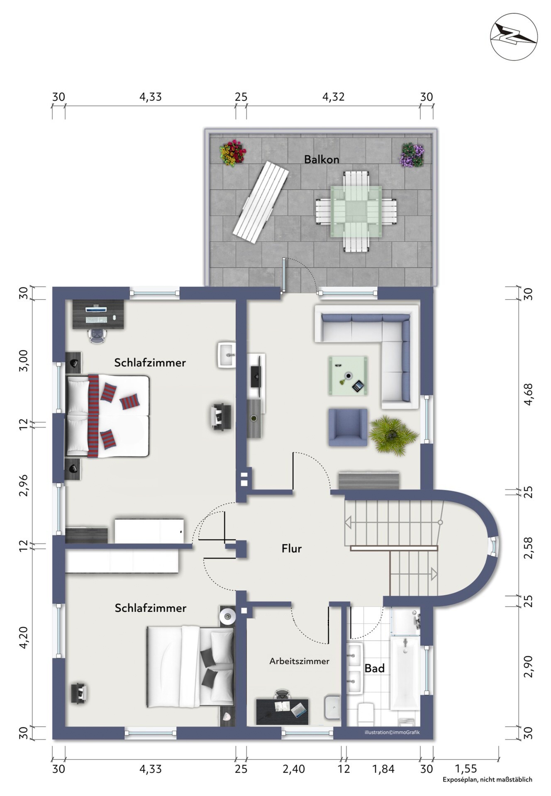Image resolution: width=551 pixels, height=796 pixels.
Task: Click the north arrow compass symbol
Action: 514,37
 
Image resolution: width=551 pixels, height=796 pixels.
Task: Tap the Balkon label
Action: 322,159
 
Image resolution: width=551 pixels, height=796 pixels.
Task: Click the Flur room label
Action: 292,548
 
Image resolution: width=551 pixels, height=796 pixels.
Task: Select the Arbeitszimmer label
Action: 299,661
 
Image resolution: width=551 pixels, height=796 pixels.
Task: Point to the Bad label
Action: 375,668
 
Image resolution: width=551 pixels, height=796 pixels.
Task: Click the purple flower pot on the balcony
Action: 412,154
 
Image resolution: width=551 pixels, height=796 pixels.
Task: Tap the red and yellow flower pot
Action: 233,153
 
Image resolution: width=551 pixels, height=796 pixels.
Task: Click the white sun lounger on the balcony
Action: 261,202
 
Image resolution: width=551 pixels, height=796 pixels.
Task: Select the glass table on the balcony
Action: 356,212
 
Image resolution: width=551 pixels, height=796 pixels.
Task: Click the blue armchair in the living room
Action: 348,427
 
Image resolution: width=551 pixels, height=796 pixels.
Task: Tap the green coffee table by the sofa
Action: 348,375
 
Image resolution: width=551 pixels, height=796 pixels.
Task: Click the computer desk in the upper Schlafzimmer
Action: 98,314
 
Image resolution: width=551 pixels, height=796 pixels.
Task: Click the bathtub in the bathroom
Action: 405,673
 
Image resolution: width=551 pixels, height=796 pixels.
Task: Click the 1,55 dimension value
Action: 466,769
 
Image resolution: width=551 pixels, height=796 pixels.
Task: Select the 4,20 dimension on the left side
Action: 24,638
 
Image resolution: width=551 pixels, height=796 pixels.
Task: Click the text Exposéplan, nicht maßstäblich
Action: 487,779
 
